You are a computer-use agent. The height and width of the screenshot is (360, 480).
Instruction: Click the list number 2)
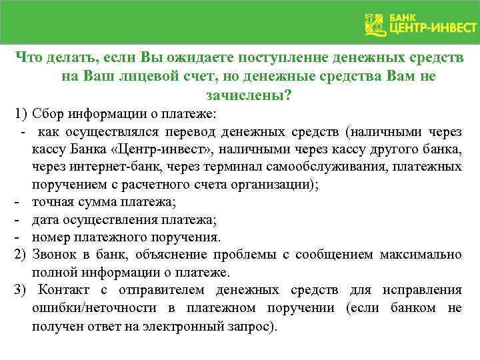(x=19, y=255)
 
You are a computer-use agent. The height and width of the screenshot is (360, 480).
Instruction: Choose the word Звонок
(x=55, y=255)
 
